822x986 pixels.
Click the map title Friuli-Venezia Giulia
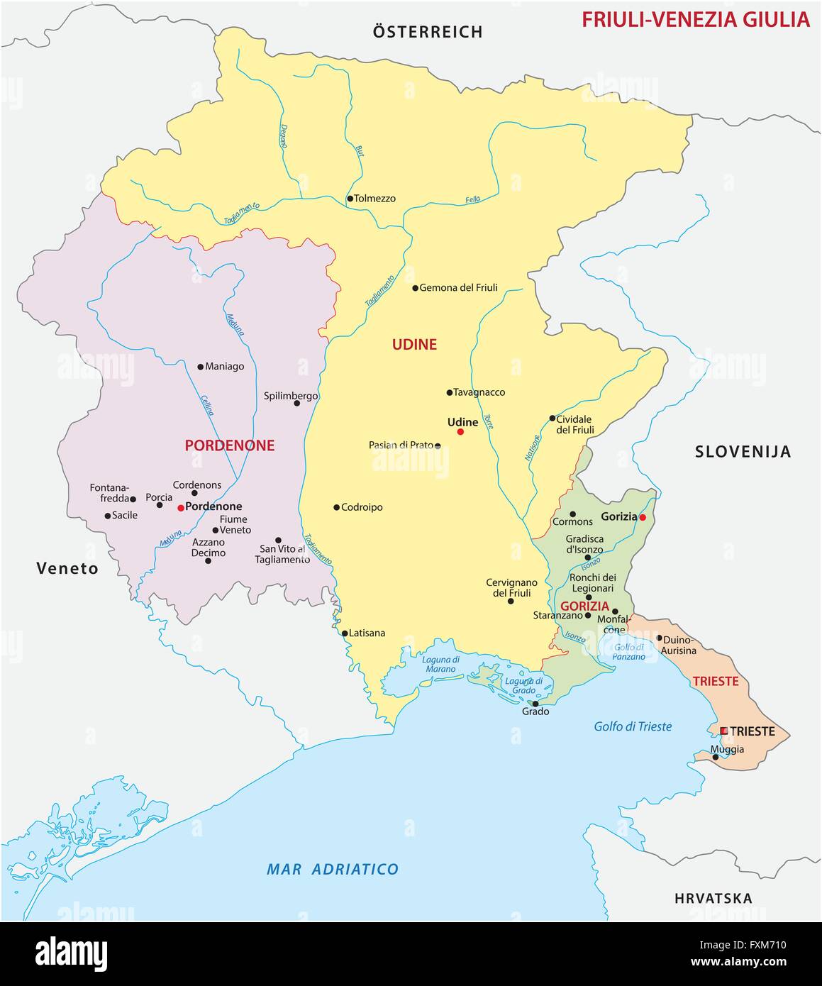click(x=695, y=19)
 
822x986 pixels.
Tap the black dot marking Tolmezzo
click(x=350, y=199)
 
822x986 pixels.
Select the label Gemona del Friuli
click(x=458, y=288)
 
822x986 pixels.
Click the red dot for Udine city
click(x=460, y=431)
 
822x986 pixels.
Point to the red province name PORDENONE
click(x=229, y=445)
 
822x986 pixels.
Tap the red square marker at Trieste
click(x=723, y=731)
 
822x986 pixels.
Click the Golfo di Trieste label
click(x=632, y=726)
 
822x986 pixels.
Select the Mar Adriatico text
click(x=332, y=869)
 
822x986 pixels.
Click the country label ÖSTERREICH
click(x=428, y=32)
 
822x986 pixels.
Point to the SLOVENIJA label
click(x=742, y=452)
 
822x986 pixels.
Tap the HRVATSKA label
click(x=713, y=898)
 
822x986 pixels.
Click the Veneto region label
click(x=67, y=568)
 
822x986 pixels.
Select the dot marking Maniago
click(x=201, y=367)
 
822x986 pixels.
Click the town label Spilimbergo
click(x=290, y=396)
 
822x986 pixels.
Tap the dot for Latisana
click(x=345, y=633)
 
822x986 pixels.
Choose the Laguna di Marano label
click(x=440, y=664)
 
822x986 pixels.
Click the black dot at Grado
click(x=535, y=704)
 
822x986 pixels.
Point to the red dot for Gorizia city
click(x=642, y=518)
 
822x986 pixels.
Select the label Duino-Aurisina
click(x=679, y=644)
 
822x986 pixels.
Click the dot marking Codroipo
click(x=336, y=507)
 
